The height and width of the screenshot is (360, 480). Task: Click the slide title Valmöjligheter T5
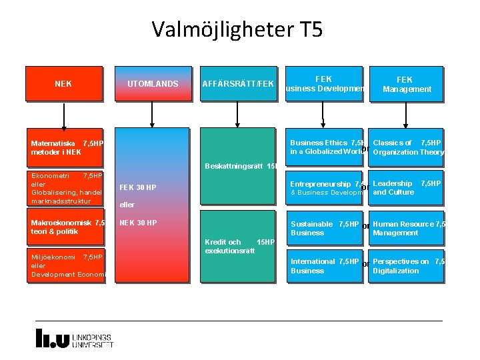pyautogui.click(x=237, y=29)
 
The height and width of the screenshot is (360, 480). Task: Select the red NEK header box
pyautogui.click(x=64, y=84)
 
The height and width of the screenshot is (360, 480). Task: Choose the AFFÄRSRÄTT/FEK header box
pyautogui.click(x=238, y=84)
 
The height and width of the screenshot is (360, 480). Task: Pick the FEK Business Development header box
pyautogui.click(x=324, y=84)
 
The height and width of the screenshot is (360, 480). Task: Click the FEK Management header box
pyautogui.click(x=405, y=84)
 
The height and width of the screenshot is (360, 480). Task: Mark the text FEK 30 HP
pyautogui.click(x=137, y=187)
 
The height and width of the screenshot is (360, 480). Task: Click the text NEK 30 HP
pyautogui.click(x=138, y=223)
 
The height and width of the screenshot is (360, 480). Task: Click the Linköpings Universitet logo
pyautogui.click(x=74, y=338)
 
